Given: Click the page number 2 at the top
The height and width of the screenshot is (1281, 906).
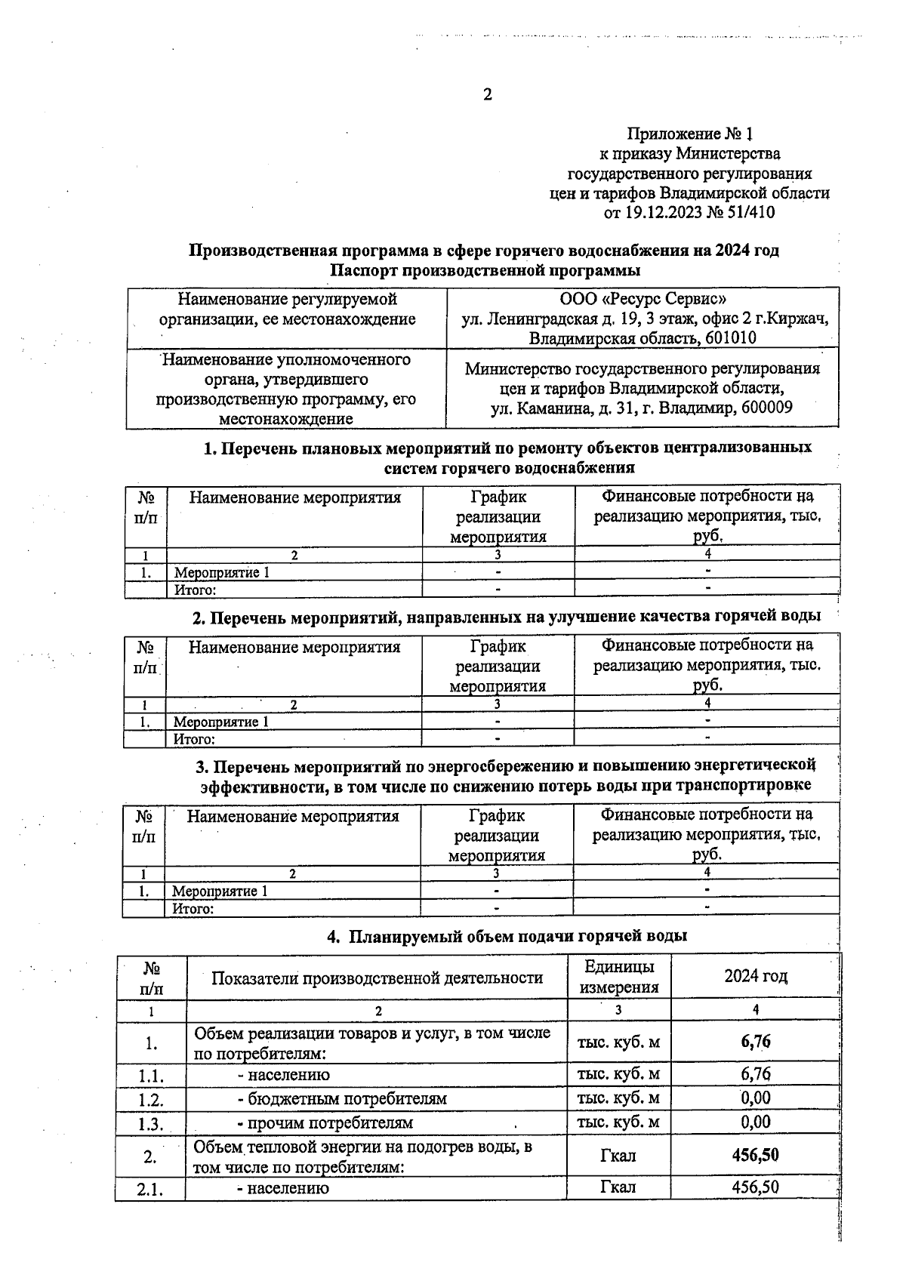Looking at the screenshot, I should (x=487, y=94).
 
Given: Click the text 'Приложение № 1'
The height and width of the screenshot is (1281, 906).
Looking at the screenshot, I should (x=691, y=134).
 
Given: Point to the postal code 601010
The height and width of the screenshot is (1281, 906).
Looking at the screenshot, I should (x=730, y=338).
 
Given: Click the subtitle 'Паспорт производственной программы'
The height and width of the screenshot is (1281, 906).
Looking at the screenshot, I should (x=485, y=269).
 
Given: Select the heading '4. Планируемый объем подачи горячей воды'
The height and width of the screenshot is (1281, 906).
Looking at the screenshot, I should (x=507, y=936).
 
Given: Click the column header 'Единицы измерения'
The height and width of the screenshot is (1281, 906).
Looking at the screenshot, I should (x=619, y=977).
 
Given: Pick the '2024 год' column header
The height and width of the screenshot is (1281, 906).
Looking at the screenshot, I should (x=756, y=976).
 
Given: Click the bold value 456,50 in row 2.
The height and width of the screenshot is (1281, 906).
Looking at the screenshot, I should (x=756, y=1155).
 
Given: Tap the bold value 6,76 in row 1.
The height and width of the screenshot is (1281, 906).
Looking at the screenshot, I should (x=756, y=1042).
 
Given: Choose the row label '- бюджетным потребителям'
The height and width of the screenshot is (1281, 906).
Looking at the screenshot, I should (x=342, y=1098).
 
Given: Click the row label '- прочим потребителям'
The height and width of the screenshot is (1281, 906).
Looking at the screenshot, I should (x=325, y=1122).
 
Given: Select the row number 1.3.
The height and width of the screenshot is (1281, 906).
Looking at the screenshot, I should (x=151, y=1123).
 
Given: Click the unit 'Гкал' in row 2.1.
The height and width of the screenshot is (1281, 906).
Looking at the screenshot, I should (x=618, y=1187).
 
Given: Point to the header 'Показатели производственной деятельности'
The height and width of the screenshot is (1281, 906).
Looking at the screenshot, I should (x=377, y=978).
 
